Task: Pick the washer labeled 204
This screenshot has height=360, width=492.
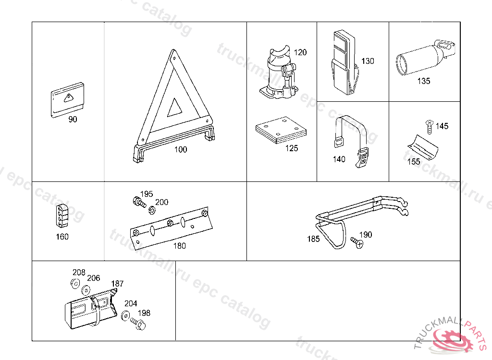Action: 125,315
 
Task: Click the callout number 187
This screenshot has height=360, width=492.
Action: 118,284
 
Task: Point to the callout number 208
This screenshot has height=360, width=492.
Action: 79,272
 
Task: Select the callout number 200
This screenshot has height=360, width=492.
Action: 162,202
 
